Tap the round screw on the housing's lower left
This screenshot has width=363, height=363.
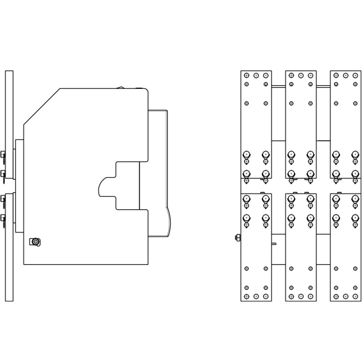36,242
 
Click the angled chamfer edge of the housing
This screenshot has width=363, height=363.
41,106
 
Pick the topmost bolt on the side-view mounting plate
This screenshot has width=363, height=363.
3,154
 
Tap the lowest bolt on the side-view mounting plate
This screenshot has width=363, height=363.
3,218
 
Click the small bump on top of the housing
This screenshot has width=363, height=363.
121,88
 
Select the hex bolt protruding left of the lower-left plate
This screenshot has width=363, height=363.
237,237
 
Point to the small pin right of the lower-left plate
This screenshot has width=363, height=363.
274,244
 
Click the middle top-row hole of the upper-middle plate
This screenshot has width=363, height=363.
301,76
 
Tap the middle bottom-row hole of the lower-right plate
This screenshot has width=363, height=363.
345,296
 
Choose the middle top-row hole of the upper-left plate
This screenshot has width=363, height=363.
256,76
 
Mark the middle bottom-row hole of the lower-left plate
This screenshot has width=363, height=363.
256,296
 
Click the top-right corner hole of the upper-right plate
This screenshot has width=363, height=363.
355,76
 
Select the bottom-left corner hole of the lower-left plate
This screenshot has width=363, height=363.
246,296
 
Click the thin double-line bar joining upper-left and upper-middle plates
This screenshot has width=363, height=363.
278,87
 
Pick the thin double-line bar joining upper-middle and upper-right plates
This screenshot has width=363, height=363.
323,87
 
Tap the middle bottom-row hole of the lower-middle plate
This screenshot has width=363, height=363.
301,296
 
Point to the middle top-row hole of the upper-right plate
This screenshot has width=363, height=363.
345,76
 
